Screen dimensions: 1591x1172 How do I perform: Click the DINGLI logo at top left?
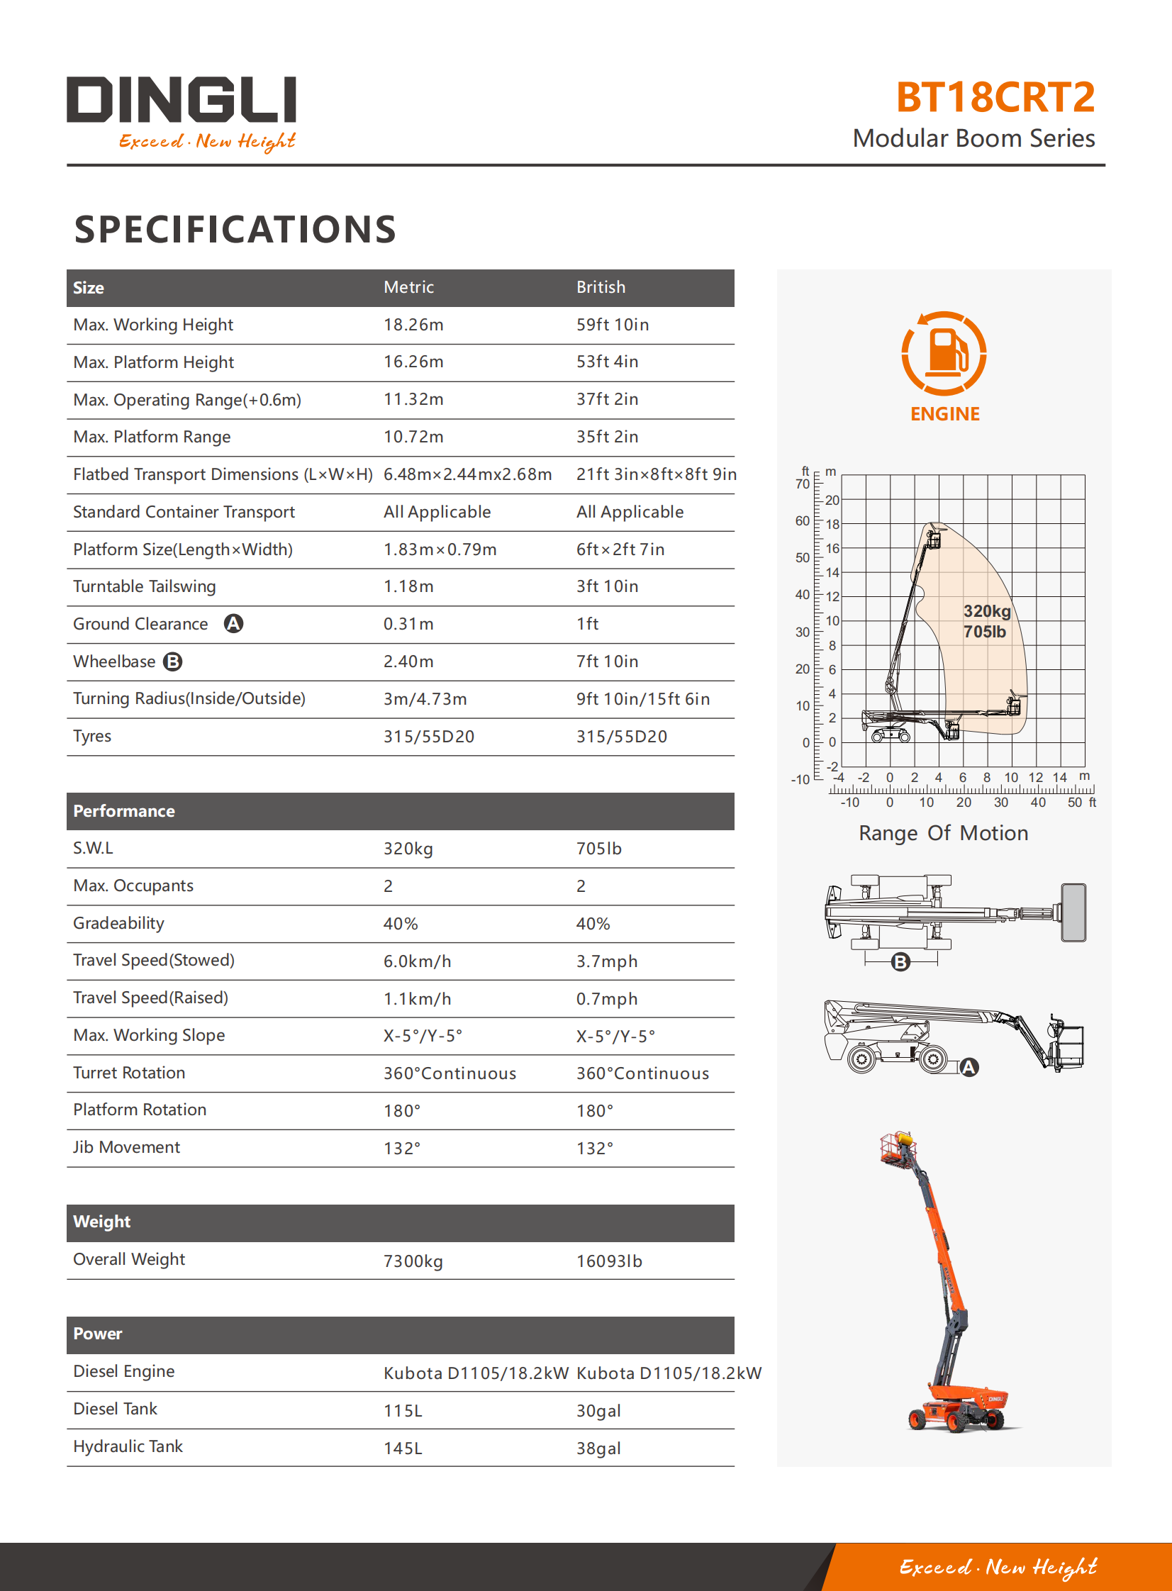coord(181,112)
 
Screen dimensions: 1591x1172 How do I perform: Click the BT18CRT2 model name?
coord(995,97)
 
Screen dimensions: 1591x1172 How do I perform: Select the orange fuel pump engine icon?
coord(944,353)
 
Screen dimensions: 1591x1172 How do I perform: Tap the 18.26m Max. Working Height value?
coord(413,325)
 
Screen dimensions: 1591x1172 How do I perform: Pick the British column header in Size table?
coord(601,287)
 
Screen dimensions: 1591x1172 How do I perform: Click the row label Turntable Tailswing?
coord(145,586)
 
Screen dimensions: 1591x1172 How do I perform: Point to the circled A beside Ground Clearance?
coord(233,623)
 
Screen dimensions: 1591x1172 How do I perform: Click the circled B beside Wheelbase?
coord(172,661)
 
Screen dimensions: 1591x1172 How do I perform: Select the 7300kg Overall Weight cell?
coord(413,1261)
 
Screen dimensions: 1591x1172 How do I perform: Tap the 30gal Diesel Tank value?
coord(598,1411)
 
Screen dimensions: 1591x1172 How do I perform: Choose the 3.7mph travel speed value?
coord(607,961)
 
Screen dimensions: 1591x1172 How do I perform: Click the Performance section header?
coord(124,811)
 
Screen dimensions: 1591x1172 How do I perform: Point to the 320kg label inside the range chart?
coord(986,611)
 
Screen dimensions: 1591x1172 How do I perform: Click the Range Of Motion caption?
coord(943,833)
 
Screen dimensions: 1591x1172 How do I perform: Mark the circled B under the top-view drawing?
coord(900,962)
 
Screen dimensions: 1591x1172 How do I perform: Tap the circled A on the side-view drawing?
coord(969,1067)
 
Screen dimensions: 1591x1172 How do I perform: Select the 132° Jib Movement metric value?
coord(402,1149)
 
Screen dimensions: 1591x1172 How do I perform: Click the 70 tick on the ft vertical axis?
coord(802,484)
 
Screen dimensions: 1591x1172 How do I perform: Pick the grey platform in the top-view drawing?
coord(1073,912)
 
